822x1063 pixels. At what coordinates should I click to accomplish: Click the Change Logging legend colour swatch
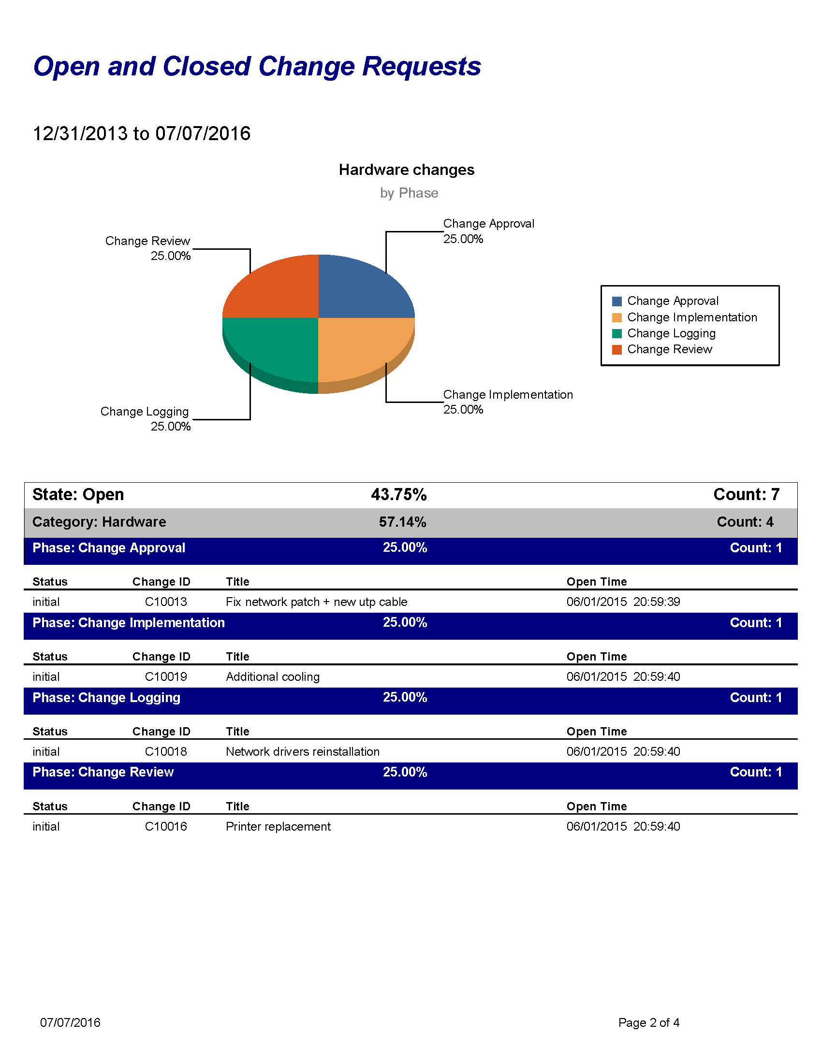(x=616, y=333)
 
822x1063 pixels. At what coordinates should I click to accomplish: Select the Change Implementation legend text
(x=692, y=317)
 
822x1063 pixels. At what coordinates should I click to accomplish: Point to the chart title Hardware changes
(x=407, y=170)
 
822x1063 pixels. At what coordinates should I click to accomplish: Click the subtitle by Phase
(x=409, y=193)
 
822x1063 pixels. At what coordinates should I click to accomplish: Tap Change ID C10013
(x=165, y=602)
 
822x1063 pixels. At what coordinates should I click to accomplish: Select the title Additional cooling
(x=273, y=676)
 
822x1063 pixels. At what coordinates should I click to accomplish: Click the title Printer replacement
(x=278, y=826)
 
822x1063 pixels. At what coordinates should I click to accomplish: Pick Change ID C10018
(x=165, y=751)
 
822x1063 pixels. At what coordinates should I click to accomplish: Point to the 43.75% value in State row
(x=399, y=494)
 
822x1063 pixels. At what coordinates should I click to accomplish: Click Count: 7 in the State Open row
(x=747, y=494)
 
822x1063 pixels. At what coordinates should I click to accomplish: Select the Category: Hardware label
(x=99, y=522)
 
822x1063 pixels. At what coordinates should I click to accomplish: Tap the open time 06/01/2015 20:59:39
(x=623, y=602)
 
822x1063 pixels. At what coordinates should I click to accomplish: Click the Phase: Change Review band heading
(x=103, y=772)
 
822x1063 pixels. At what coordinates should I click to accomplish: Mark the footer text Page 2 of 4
(x=648, y=1022)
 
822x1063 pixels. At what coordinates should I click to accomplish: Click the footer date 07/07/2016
(x=70, y=1022)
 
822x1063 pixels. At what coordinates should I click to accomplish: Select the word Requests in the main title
(x=422, y=67)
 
